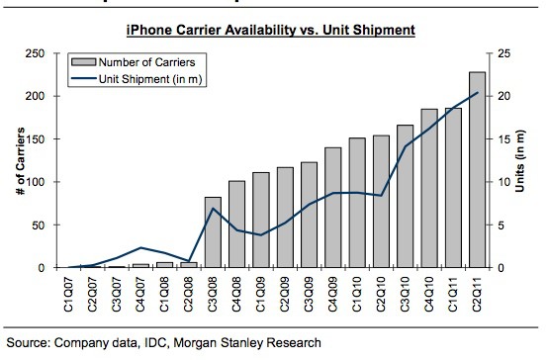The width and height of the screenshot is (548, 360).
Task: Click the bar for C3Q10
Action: (407, 197)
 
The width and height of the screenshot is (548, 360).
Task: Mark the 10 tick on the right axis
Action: (501, 182)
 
